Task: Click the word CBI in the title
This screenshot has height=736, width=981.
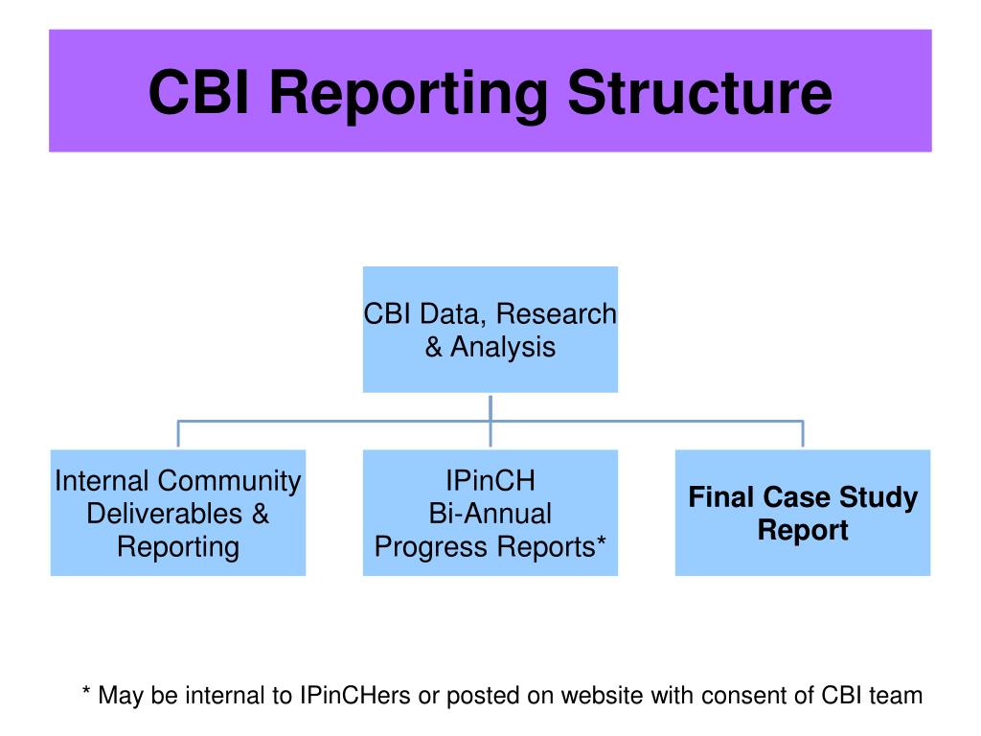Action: [199, 93]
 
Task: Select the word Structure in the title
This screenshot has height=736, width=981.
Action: [698, 93]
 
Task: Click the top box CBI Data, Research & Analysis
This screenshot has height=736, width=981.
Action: [490, 330]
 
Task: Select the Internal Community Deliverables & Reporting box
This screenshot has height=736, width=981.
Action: [178, 513]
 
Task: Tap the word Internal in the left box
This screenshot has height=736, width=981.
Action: [103, 481]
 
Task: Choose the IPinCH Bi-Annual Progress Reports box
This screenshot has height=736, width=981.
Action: [490, 513]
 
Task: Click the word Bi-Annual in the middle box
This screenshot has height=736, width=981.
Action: [490, 514]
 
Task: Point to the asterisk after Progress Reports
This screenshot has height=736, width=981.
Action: [601, 544]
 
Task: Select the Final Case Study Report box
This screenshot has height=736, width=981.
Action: [803, 513]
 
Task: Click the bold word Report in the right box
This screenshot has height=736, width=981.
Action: [803, 530]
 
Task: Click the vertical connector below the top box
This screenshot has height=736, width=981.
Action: [490, 406]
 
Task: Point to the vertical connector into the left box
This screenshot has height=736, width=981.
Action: [178, 434]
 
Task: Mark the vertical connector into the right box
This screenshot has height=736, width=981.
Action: [803, 434]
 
